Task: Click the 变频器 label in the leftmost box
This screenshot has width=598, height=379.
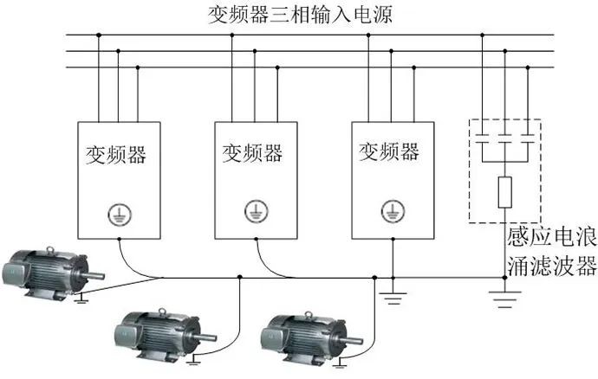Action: pos(115,155)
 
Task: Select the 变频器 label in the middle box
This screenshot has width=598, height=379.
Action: pos(252,153)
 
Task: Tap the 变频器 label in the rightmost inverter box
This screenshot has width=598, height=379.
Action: pos(389,152)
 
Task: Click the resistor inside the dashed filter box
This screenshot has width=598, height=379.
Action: pos(505,190)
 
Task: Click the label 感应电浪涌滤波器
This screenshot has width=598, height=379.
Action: pos(551,250)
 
